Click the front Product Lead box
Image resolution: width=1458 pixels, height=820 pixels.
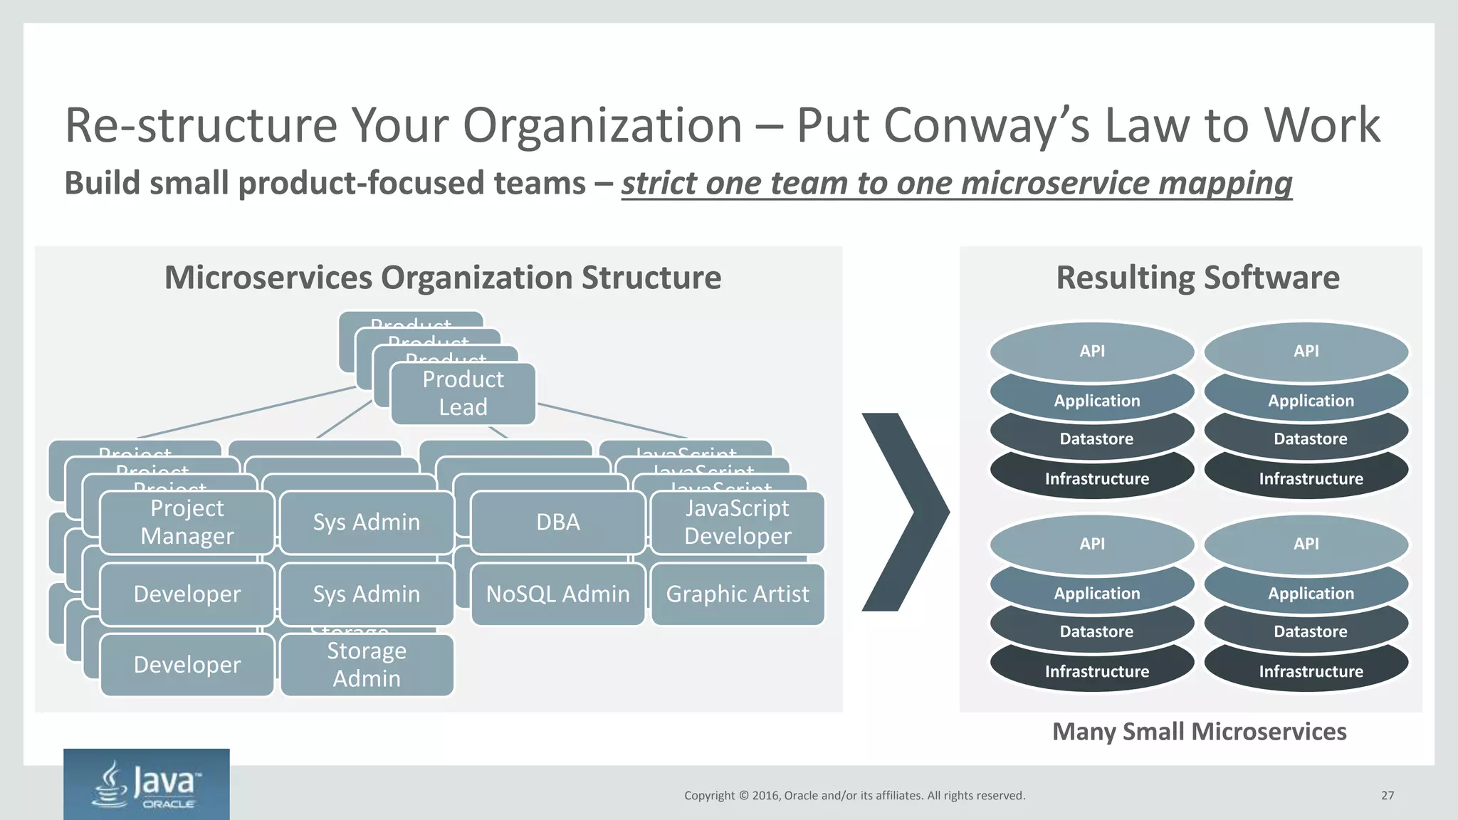(x=463, y=394)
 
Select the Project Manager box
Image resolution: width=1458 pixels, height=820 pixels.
(x=187, y=522)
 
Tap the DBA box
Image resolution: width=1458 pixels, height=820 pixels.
(x=557, y=522)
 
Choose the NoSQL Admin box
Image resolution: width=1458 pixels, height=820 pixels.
(x=557, y=594)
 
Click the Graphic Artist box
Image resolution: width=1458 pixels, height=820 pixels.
(x=738, y=594)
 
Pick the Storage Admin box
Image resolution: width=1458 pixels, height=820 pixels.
(x=367, y=665)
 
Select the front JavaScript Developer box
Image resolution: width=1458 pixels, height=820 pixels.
(x=738, y=522)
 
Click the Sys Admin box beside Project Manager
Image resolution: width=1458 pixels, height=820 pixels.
(x=367, y=522)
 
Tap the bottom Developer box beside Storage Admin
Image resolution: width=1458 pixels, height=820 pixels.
(x=187, y=665)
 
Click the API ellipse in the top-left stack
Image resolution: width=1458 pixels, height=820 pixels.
(x=1092, y=350)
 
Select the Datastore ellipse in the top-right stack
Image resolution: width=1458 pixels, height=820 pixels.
(x=1310, y=439)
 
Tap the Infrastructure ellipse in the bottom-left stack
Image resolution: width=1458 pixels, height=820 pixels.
(x=1096, y=672)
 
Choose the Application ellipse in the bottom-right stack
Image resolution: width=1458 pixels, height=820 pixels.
(x=1310, y=593)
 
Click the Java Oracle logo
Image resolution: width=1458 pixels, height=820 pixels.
(x=147, y=784)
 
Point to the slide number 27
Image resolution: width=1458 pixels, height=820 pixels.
(x=1388, y=796)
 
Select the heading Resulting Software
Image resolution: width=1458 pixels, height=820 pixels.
(x=1197, y=278)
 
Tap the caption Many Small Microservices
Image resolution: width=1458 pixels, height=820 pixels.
(x=1199, y=732)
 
